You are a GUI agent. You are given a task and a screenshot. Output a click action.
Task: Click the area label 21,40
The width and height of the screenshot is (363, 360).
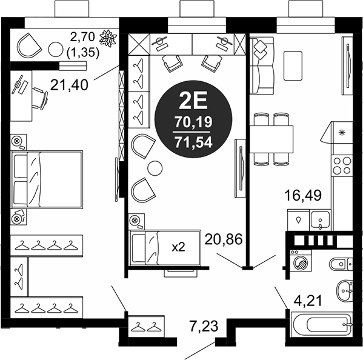click(x=69, y=85)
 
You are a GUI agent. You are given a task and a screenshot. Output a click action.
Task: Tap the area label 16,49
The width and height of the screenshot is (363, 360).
click(x=303, y=195)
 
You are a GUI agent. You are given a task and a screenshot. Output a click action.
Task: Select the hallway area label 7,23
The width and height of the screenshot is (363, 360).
click(x=204, y=326)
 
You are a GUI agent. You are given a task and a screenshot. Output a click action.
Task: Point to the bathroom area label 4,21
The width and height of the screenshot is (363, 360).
click(x=308, y=301)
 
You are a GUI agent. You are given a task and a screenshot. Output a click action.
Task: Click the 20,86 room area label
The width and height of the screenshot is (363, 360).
click(x=224, y=239)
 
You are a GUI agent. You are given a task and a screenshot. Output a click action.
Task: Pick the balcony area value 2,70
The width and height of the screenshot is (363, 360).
click(x=82, y=37)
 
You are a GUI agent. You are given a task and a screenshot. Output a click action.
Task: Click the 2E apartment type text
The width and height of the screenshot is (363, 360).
click(x=193, y=102)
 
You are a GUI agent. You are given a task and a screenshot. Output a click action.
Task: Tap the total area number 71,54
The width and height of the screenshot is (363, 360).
click(x=193, y=142)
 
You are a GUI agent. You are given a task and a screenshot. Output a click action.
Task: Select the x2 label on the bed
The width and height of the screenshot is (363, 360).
click(x=178, y=247)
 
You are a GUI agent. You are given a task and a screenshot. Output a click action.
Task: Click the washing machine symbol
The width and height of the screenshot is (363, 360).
click(x=301, y=261)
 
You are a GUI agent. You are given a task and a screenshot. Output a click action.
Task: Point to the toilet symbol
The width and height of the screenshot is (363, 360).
click(x=341, y=264)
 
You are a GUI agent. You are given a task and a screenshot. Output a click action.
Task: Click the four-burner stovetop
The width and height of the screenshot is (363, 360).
click(x=342, y=166)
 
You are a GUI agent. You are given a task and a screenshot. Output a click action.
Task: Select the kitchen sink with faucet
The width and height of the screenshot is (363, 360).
click(x=320, y=220)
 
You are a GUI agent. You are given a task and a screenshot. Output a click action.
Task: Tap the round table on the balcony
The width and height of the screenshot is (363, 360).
click(x=56, y=49)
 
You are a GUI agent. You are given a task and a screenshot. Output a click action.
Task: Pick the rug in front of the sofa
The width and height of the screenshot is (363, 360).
click(x=293, y=66)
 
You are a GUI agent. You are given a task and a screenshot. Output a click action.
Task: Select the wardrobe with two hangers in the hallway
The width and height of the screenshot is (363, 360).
click(x=146, y=326)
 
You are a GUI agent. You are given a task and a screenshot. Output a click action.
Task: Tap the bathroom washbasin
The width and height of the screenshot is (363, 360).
click(x=345, y=291)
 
